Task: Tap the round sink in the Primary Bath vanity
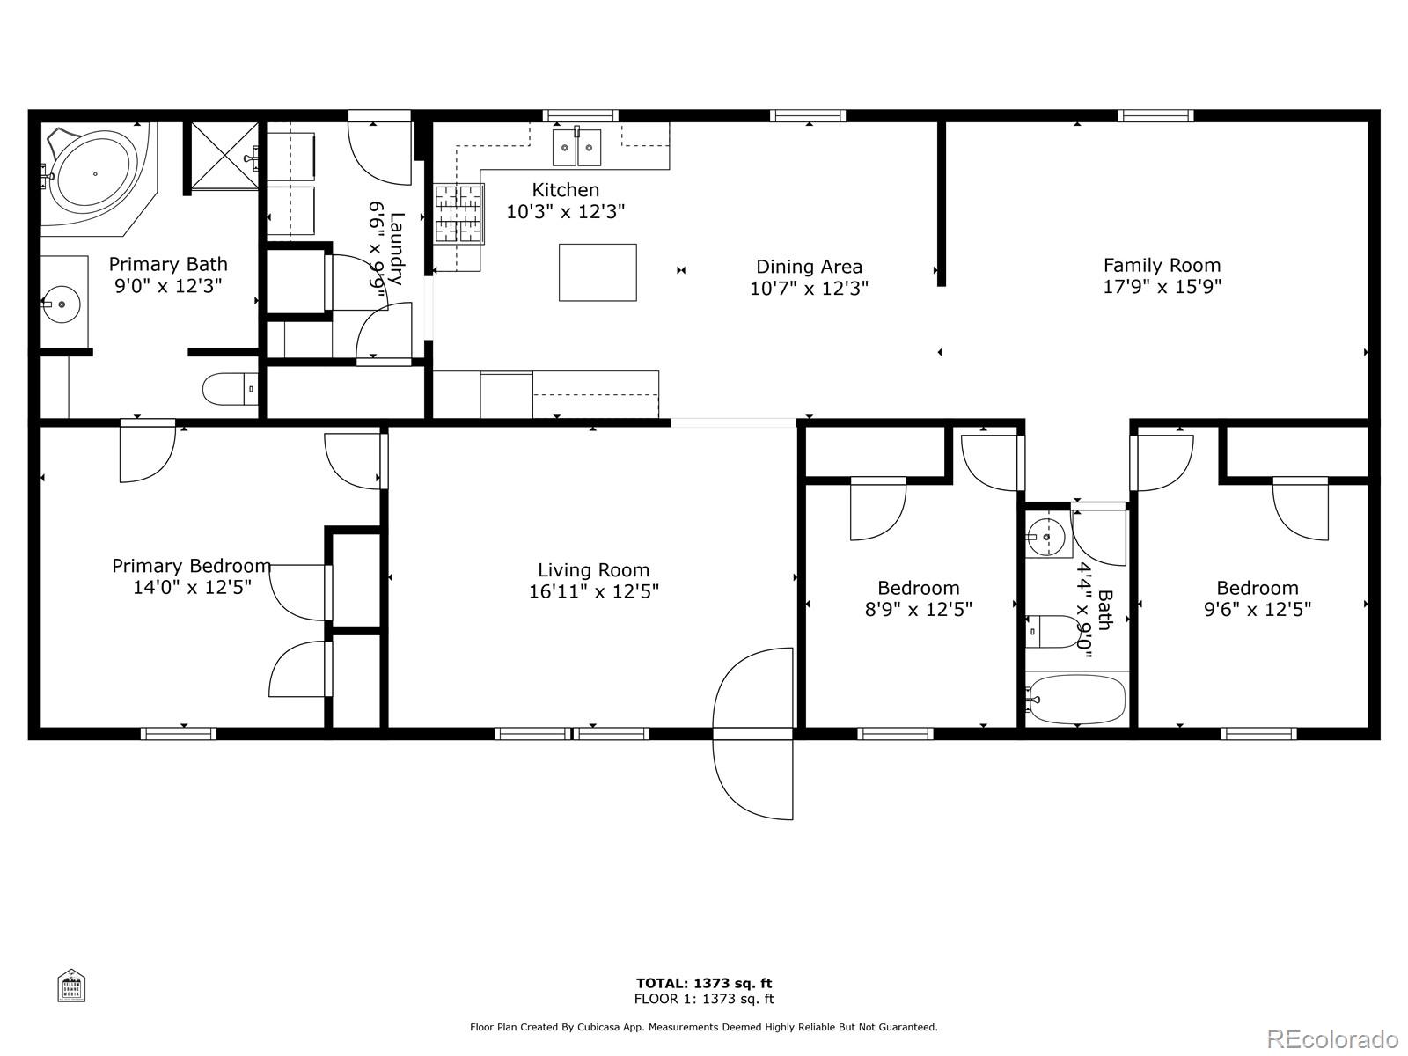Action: click(62, 304)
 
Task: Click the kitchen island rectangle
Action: click(598, 273)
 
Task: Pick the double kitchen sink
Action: click(577, 148)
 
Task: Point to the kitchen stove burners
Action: click(459, 214)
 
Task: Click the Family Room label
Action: click(1162, 265)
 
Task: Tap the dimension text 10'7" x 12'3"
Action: click(809, 288)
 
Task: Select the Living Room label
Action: click(593, 569)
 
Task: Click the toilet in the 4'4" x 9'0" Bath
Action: click(1053, 631)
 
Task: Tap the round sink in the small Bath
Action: click(1046, 535)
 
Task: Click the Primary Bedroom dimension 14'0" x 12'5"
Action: click(192, 587)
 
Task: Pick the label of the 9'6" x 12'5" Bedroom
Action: click(1257, 588)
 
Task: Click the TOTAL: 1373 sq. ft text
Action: click(704, 983)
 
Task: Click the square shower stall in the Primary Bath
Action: click(224, 156)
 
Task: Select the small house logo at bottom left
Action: click(71, 986)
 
